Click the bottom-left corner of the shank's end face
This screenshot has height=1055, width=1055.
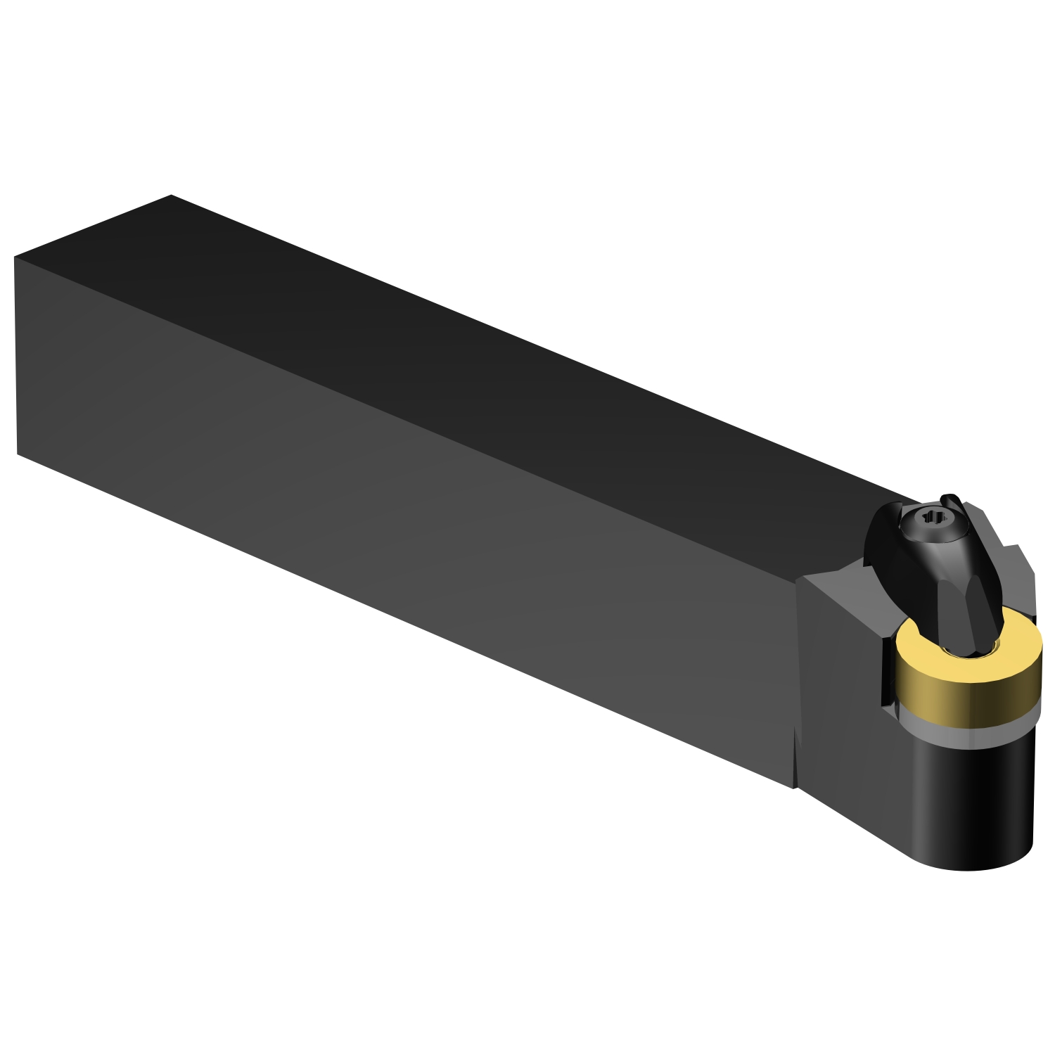pos(18,454)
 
